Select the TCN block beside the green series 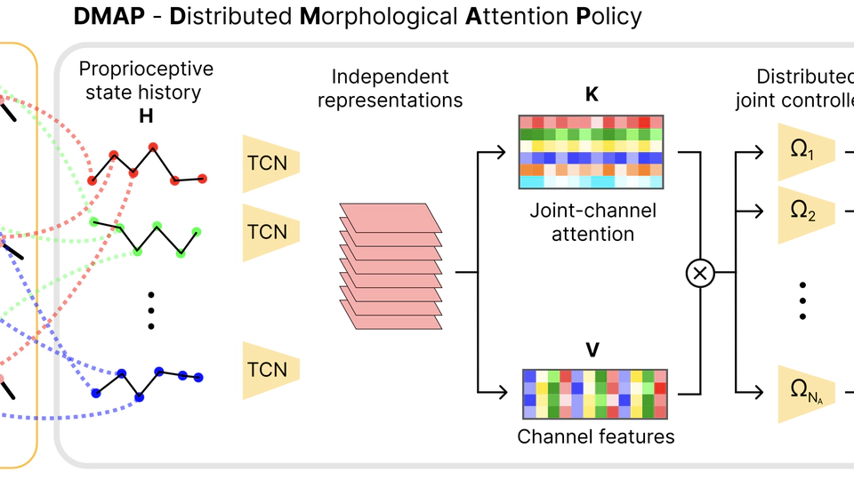click(x=270, y=232)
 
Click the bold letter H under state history click(x=146, y=115)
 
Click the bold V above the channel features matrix click(x=592, y=348)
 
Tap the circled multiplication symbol click(x=700, y=274)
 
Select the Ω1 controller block click(x=805, y=151)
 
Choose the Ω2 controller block click(x=805, y=213)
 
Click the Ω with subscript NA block click(x=805, y=392)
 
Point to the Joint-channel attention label click(x=592, y=222)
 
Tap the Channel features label click(x=596, y=436)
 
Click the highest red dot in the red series click(x=153, y=147)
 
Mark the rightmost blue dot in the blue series click(x=198, y=378)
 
